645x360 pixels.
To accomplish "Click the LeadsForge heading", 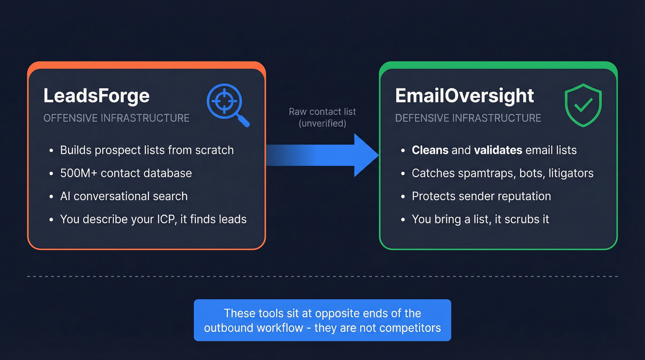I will click(96, 96).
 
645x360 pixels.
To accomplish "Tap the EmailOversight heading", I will click(464, 96).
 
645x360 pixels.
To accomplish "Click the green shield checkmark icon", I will click(583, 105).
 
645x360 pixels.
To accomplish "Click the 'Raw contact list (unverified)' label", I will click(322, 117).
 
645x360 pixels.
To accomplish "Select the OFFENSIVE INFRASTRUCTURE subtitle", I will click(116, 118).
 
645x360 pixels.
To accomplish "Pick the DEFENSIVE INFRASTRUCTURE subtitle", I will click(468, 118).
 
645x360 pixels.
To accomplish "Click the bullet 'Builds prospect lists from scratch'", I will click(147, 150).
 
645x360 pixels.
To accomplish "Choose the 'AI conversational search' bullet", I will click(123, 196).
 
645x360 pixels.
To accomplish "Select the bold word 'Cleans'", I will click(430, 150).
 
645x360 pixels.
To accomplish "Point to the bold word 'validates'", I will click(498, 150).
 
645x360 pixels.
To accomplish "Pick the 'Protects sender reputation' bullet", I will click(481, 196).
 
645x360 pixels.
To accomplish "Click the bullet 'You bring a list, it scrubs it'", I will click(480, 219).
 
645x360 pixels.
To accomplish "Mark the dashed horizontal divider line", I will click(322, 277).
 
